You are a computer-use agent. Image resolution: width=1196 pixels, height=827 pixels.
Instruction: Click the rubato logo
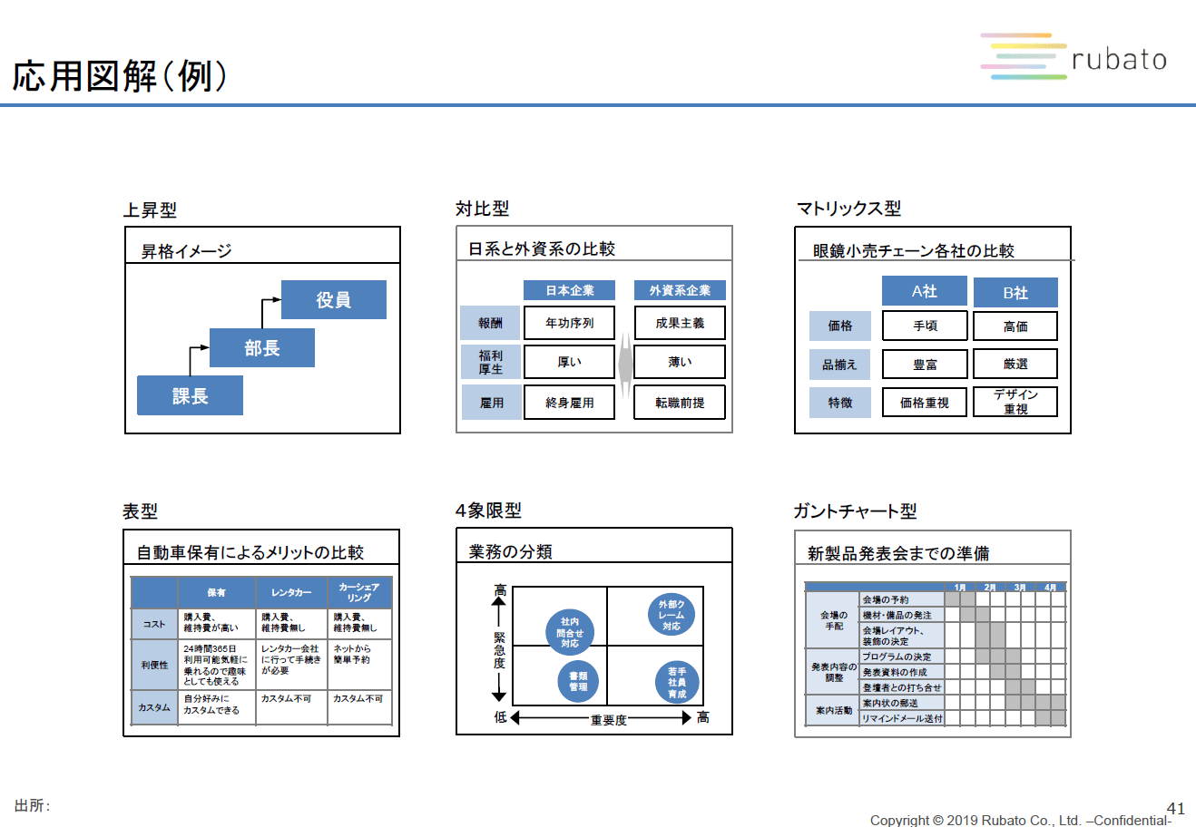tap(1074, 58)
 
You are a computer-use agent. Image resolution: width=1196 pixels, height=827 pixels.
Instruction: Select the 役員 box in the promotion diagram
tap(333, 300)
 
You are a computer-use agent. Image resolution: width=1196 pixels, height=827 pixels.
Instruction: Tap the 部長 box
tap(261, 348)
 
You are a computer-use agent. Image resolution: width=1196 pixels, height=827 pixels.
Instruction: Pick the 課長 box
tap(190, 395)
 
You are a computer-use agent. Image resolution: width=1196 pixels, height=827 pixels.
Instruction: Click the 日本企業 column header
tap(569, 290)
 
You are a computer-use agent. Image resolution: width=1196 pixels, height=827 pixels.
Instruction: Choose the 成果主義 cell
tap(680, 323)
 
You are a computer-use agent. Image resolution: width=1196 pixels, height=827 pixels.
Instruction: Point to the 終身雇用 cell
tap(569, 403)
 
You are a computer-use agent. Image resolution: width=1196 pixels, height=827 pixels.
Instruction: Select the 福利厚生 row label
tap(490, 362)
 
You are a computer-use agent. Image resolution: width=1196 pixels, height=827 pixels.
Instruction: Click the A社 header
tap(924, 291)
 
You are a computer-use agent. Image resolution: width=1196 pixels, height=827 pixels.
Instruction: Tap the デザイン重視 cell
tap(1015, 402)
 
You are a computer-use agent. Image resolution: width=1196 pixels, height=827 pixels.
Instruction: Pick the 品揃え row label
tap(839, 365)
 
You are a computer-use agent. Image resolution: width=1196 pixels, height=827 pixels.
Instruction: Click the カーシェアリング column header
tap(358, 592)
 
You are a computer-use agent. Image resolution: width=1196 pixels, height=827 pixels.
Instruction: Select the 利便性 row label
tap(154, 665)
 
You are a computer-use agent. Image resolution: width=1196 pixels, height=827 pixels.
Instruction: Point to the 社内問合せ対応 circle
tap(570, 632)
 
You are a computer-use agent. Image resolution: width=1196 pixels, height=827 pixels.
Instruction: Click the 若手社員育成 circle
tap(677, 683)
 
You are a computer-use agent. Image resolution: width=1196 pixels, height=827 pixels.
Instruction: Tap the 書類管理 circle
tap(578, 682)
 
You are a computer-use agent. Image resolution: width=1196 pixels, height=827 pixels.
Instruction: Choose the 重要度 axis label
tap(608, 720)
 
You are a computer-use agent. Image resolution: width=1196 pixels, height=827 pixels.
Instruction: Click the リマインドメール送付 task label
tap(902, 718)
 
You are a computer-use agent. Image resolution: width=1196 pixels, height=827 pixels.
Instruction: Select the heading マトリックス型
tap(848, 209)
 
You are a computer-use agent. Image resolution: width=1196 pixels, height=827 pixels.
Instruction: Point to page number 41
tap(1175, 809)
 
